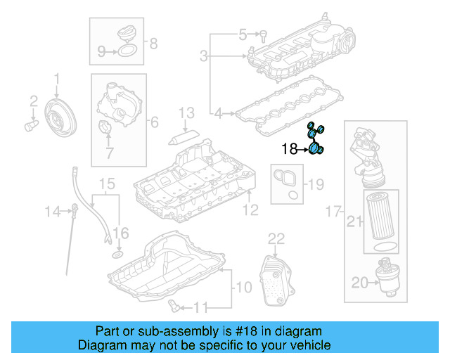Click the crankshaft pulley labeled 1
59,115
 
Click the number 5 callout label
243,34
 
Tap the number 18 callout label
290,148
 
